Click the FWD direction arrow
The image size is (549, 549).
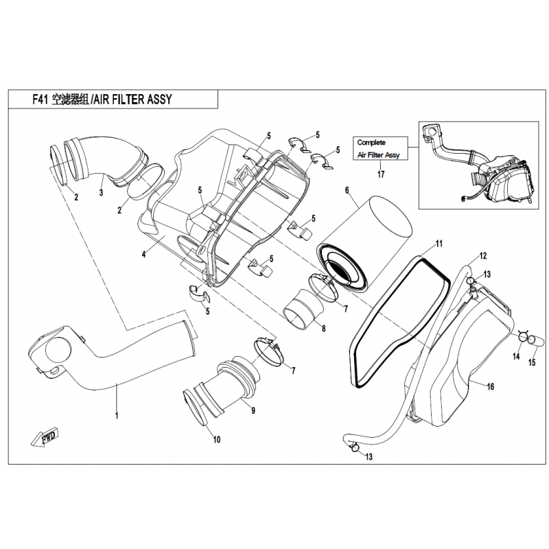pyautogui.click(x=45, y=436)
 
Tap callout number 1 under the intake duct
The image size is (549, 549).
pyautogui.click(x=117, y=415)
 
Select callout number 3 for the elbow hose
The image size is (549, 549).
pyautogui.click(x=101, y=192)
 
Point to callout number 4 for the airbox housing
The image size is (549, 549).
pyautogui.click(x=143, y=255)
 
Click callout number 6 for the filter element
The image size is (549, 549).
pyautogui.click(x=347, y=190)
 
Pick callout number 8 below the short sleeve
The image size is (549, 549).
pyautogui.click(x=323, y=329)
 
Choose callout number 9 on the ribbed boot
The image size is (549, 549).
pyautogui.click(x=253, y=410)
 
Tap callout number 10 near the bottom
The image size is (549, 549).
pyautogui.click(x=217, y=439)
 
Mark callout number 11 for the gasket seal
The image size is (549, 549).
pyautogui.click(x=439, y=244)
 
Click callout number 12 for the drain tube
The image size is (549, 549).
pyautogui.click(x=483, y=256)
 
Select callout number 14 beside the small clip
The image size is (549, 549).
pyautogui.click(x=516, y=356)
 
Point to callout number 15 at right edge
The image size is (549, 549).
pyautogui.click(x=531, y=362)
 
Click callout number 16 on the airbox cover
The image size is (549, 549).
pyautogui.click(x=491, y=386)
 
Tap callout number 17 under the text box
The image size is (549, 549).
pyautogui.click(x=381, y=174)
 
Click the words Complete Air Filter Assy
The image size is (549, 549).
pyautogui.click(x=378, y=148)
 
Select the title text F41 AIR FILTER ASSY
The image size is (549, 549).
pyautogui.click(x=102, y=100)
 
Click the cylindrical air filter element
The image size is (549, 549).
pyautogui.click(x=364, y=244)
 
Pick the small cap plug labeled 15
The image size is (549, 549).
pyautogui.click(x=536, y=339)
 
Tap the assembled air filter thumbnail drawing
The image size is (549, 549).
pyautogui.click(x=478, y=165)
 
